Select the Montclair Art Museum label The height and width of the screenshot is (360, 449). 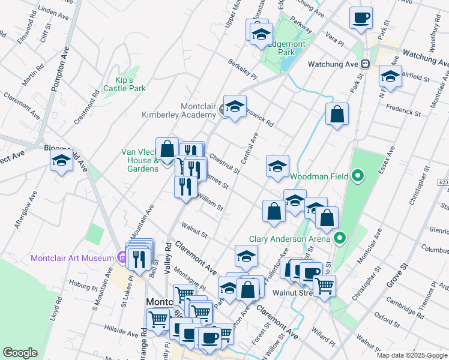point(72,258)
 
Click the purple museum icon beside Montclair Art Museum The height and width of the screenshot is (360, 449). point(121,258)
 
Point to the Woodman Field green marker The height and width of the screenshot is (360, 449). point(358,176)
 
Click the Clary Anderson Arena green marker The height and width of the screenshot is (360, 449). point(340,239)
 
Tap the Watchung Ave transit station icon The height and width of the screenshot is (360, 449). point(364,64)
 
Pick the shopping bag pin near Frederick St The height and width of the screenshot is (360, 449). point(337,113)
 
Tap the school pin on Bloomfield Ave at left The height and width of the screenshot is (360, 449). point(61,161)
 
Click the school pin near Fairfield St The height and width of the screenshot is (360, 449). point(390,77)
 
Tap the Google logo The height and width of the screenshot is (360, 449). point(20,352)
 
